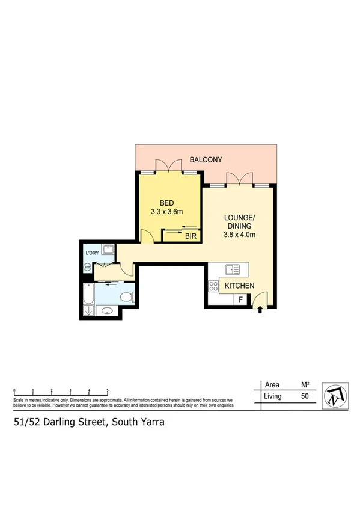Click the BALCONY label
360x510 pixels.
[206, 160]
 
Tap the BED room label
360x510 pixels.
[166, 203]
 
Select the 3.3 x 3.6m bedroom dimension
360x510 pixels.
[166, 212]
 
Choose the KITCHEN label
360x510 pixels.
[240, 286]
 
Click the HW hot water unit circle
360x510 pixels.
[88, 267]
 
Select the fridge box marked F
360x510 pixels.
[241, 300]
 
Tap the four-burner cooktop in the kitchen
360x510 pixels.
[213, 286]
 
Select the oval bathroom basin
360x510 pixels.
[106, 311]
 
